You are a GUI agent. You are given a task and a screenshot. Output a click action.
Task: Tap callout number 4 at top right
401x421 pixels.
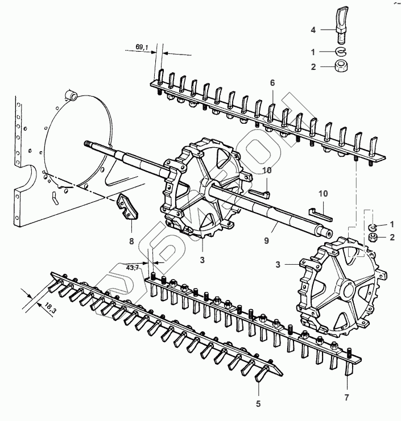313,28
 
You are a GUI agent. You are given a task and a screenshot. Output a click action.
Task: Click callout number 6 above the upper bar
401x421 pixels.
272,83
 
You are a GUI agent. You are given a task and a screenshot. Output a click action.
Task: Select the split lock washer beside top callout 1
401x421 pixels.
341,52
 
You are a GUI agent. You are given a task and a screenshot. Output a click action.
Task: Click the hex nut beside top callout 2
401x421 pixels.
342,68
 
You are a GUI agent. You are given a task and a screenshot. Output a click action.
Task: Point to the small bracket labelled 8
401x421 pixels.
128,206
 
